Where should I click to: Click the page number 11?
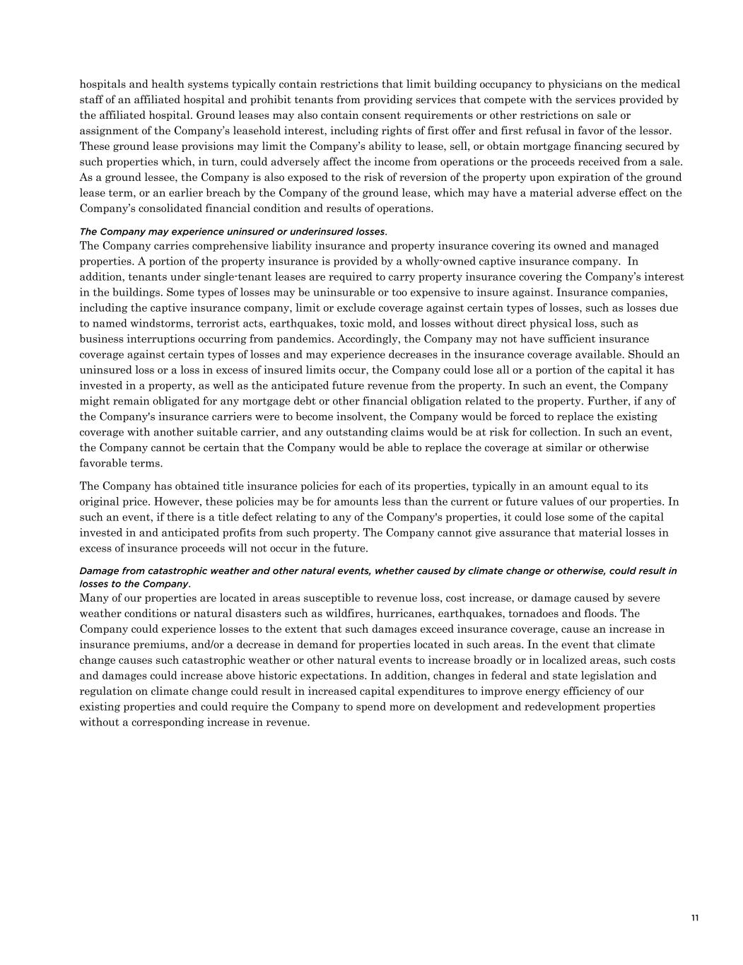[695, 918]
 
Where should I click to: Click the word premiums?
[160, 645]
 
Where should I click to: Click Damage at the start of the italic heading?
[98, 571]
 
